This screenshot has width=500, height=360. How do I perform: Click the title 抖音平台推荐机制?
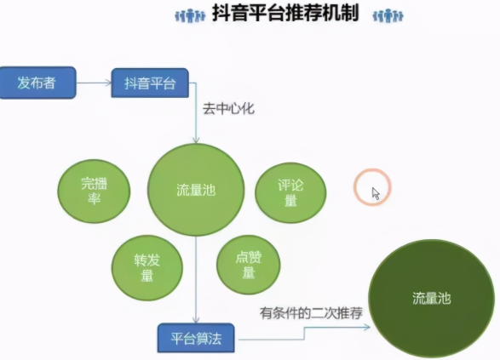(285, 13)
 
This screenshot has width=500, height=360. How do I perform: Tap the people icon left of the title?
(190, 15)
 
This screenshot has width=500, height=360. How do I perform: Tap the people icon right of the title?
(388, 15)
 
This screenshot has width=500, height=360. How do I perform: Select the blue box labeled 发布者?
(37, 83)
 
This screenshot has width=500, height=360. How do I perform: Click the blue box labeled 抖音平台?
(150, 83)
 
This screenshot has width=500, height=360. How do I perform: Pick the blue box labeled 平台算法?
(196, 338)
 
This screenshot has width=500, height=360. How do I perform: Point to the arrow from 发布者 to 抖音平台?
(94, 83)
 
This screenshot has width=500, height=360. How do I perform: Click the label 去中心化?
(228, 109)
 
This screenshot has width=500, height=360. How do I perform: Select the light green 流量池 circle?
(196, 190)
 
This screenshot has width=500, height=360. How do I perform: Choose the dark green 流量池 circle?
(432, 298)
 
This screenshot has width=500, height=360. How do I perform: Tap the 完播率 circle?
(94, 191)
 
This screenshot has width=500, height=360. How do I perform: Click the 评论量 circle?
(290, 192)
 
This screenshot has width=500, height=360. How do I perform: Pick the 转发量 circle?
(147, 268)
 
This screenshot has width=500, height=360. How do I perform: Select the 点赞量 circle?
(249, 265)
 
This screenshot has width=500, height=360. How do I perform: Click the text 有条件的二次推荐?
(311, 313)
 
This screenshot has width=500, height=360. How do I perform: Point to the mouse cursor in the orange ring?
(376, 193)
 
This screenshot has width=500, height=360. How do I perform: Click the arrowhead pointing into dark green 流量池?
(367, 327)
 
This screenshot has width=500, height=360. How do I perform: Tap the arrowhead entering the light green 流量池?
(196, 140)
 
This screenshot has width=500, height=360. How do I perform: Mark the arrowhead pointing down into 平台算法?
(196, 320)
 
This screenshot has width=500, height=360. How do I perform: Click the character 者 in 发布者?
(49, 83)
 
